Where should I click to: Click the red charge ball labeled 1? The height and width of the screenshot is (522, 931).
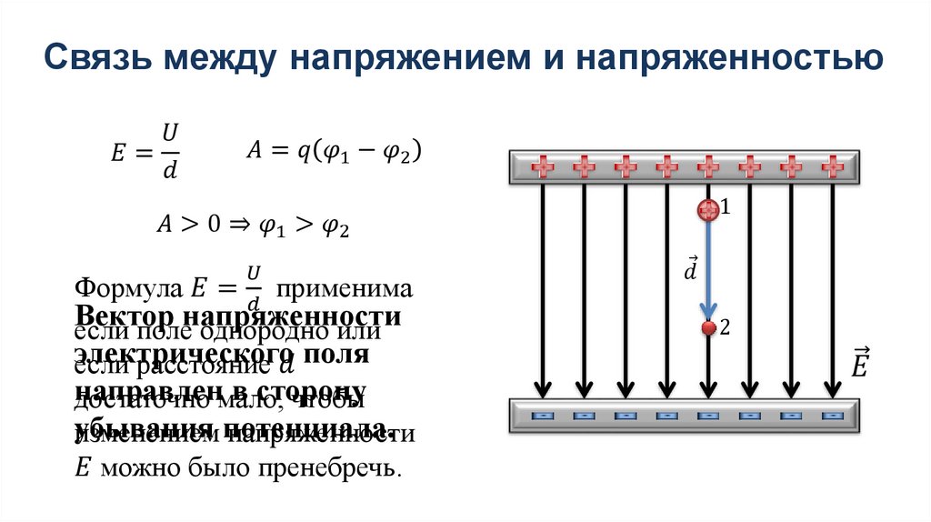(x=708, y=210)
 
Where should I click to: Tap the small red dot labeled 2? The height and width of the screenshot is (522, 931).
(x=709, y=328)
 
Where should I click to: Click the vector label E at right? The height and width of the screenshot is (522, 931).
(x=860, y=364)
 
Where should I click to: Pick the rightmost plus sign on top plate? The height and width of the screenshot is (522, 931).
(x=832, y=166)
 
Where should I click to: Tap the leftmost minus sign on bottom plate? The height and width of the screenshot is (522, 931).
(x=543, y=416)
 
